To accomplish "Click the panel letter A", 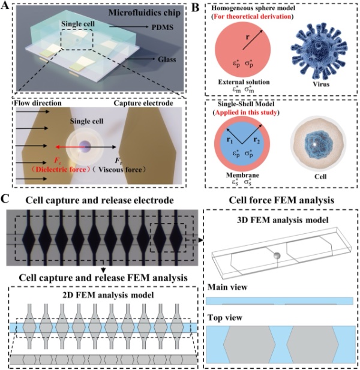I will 5,5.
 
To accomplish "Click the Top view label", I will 224,314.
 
